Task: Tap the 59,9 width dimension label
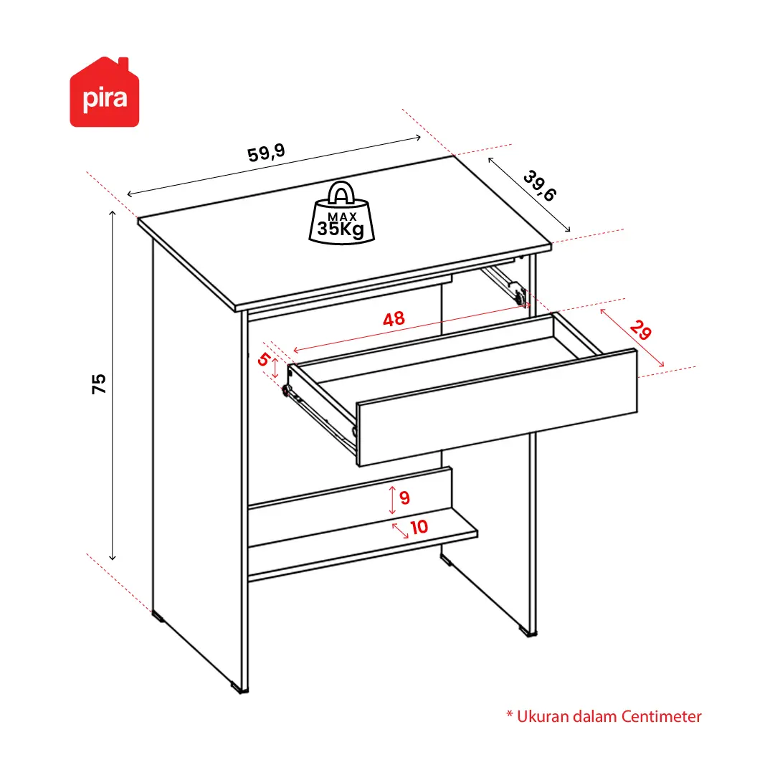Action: [266, 152]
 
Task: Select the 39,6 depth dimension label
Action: [540, 186]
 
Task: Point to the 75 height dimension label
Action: [99, 384]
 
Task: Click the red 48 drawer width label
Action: [394, 319]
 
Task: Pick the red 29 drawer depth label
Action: [641, 331]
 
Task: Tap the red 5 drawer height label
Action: [263, 359]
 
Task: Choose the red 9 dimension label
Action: [405, 498]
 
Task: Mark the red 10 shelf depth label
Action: [419, 528]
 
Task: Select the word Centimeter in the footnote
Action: [661, 717]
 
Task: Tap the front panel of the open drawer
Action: [497, 408]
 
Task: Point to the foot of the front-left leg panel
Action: [239, 687]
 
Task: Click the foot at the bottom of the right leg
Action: [528, 632]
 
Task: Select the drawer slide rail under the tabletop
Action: [504, 285]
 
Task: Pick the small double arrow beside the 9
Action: [392, 500]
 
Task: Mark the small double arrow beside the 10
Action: [400, 531]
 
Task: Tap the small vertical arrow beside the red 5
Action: [275, 369]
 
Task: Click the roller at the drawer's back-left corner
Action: [285, 391]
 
